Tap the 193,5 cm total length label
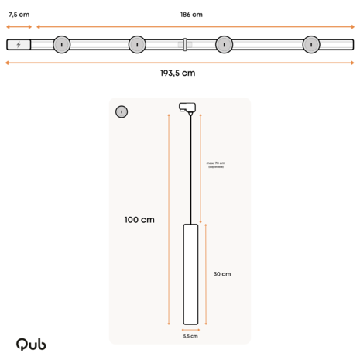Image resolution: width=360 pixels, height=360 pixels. pos(177,73)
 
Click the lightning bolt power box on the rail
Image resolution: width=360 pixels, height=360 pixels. pos(19,45)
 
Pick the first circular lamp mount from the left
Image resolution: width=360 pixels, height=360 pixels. pos(61,45)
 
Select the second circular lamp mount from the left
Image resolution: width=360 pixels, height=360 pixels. pos(137,45)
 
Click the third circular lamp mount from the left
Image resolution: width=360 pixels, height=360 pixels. pos(225,45)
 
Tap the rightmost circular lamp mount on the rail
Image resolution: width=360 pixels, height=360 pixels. pos(311,45)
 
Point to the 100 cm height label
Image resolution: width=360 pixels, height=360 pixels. pos(139,220)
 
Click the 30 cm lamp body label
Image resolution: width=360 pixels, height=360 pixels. pos(221,274)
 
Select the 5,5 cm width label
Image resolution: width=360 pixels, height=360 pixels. pos(190,336)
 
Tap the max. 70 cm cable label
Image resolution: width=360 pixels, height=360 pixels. pos(215,165)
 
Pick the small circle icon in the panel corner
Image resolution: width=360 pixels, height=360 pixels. pos(122,111)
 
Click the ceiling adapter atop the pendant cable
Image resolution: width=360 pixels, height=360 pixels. pos(187,108)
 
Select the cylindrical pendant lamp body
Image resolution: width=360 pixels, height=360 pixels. pos(190,274)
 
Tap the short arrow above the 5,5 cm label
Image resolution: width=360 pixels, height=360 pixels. pos(190,328)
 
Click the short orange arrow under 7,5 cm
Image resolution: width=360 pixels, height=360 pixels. pos(19,26)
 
